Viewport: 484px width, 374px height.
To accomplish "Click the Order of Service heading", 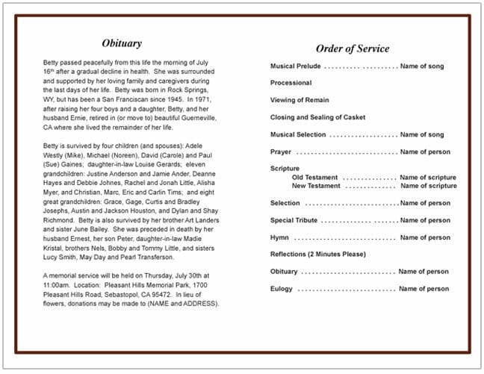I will tap(352, 49).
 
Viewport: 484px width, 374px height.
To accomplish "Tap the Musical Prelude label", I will tap(296, 66).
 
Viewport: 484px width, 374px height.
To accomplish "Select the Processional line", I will tap(291, 83).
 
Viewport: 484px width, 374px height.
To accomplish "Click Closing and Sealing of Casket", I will tap(317, 117).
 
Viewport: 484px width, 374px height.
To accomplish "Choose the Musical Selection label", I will tap(298, 134).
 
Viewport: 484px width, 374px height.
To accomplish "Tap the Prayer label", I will tap(281, 152).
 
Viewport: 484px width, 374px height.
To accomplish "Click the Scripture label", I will tap(285, 169).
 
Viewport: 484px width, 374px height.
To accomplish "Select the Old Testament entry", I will tap(314, 178).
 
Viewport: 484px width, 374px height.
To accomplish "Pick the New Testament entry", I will tap(316, 186).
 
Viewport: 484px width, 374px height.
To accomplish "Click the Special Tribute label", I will tap(294, 220).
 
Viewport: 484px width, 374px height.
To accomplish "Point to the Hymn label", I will tap(279, 237).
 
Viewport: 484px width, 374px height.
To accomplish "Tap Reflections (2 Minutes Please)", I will tap(318, 255).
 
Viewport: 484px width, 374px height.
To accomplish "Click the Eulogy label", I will tap(282, 289).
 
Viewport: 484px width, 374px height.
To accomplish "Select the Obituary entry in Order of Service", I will tap(284, 272).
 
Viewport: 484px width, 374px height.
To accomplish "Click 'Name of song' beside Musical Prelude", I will tap(421, 66).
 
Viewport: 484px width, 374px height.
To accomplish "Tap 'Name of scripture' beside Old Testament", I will tap(428, 178).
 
